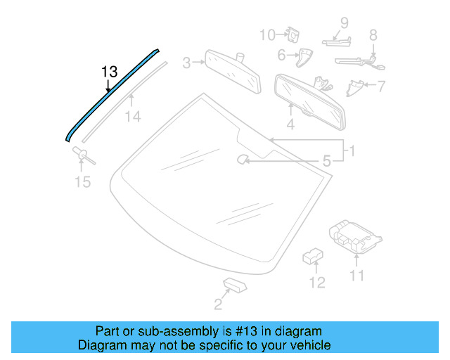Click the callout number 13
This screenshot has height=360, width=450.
pyautogui.click(x=109, y=72)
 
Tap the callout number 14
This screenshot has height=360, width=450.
pyautogui.click(x=133, y=117)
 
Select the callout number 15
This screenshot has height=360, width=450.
pyautogui.click(x=83, y=182)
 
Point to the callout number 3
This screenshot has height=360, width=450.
pyautogui.click(x=187, y=63)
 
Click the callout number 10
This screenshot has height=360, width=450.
pyautogui.click(x=267, y=34)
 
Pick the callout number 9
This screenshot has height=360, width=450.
pyautogui.click(x=345, y=22)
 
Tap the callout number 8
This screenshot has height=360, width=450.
pyautogui.click(x=373, y=34)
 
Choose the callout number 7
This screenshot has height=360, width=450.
pyautogui.click(x=382, y=87)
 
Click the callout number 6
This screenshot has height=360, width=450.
pyautogui.click(x=281, y=54)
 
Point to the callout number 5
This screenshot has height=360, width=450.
pyautogui.click(x=326, y=162)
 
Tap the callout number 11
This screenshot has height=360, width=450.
pyautogui.click(x=357, y=276)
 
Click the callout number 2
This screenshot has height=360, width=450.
pyautogui.click(x=218, y=304)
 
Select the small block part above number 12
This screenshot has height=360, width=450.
pyautogui.click(x=312, y=255)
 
